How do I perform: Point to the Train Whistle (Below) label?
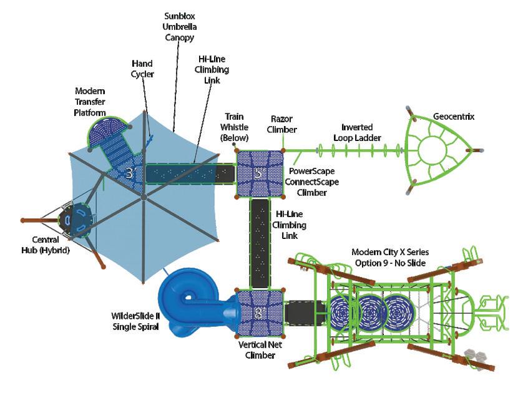(235, 127)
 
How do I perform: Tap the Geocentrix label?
(454, 116)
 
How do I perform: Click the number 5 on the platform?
(258, 173)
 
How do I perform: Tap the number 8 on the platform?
(258, 312)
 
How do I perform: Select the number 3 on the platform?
(129, 173)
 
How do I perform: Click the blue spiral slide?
(187, 299)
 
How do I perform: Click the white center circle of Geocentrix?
(431, 150)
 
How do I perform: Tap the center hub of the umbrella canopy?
(143, 197)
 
